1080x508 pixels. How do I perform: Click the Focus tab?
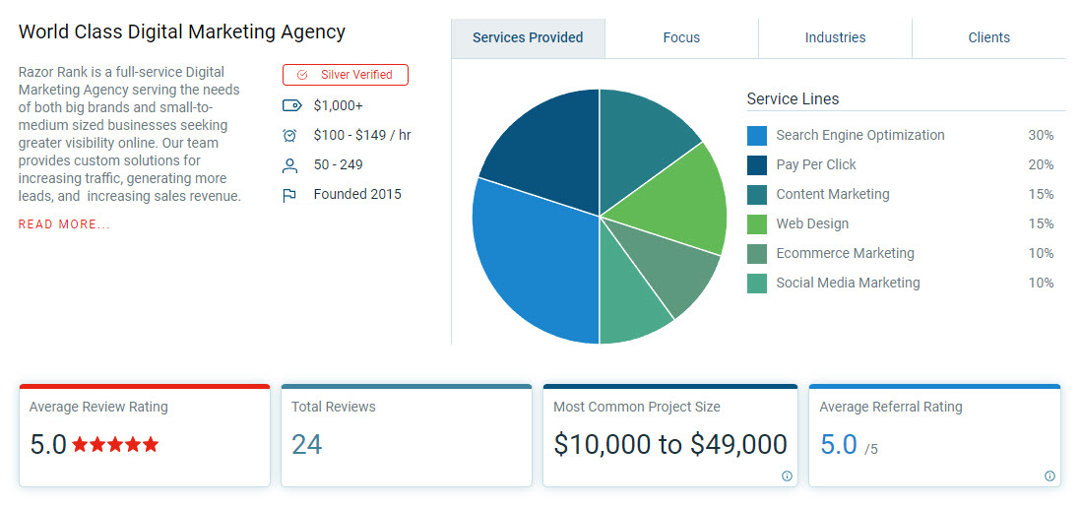681,38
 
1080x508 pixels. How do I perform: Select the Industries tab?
835,38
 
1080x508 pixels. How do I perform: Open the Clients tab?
988,38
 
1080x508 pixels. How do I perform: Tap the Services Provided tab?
528,38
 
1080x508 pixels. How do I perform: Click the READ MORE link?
64,224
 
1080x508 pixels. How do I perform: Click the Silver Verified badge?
346,75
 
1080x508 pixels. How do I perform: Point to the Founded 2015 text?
357,194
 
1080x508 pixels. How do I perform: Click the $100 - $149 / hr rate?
362,135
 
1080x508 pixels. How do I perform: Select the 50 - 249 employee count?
339,164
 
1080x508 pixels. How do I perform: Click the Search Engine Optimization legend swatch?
757,136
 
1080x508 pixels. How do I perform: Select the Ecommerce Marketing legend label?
845,253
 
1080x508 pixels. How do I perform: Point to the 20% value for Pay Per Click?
1041,164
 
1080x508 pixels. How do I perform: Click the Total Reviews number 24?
307,445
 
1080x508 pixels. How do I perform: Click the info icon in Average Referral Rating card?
1049,476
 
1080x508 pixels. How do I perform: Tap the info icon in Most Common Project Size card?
787,476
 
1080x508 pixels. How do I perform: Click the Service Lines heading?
793,98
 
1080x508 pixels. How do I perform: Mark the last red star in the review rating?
150,445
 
